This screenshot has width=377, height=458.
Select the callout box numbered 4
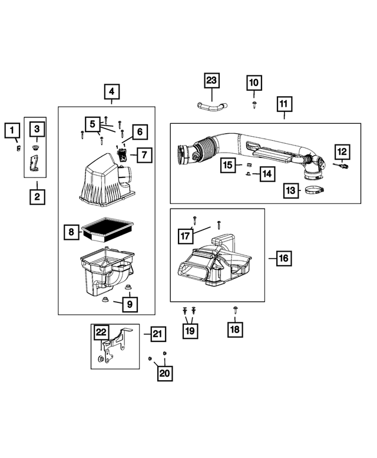coord(112,92)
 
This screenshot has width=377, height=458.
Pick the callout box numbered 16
coord(284,258)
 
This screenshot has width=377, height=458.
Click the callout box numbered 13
coord(290,191)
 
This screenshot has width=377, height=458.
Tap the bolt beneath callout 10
coord(254,104)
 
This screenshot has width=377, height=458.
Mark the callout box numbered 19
coord(189,331)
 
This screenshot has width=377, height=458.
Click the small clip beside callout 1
coord(19,147)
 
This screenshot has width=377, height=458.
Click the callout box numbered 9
coord(130,304)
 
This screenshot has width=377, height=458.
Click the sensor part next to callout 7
coord(123,156)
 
